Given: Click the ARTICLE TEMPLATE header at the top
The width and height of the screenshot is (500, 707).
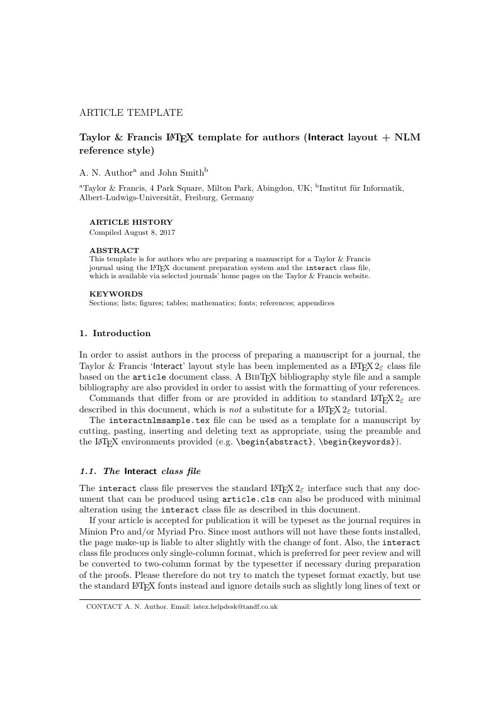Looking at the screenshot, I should pos(131,113).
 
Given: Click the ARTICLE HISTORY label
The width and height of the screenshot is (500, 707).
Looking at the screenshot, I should pos(131,222).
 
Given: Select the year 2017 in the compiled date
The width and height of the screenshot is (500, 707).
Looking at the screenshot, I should pos(166,232).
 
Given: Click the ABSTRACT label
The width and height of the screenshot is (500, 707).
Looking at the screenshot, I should pos(114,250).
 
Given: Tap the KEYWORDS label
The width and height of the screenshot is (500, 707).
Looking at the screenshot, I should pos(116,293).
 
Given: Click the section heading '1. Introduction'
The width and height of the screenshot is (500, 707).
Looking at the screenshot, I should pos(115,333).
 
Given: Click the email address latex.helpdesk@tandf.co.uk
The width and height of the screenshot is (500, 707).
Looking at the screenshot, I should pos(235,607).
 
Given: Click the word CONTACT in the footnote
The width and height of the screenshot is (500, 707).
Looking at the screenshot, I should pos(99,607).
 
